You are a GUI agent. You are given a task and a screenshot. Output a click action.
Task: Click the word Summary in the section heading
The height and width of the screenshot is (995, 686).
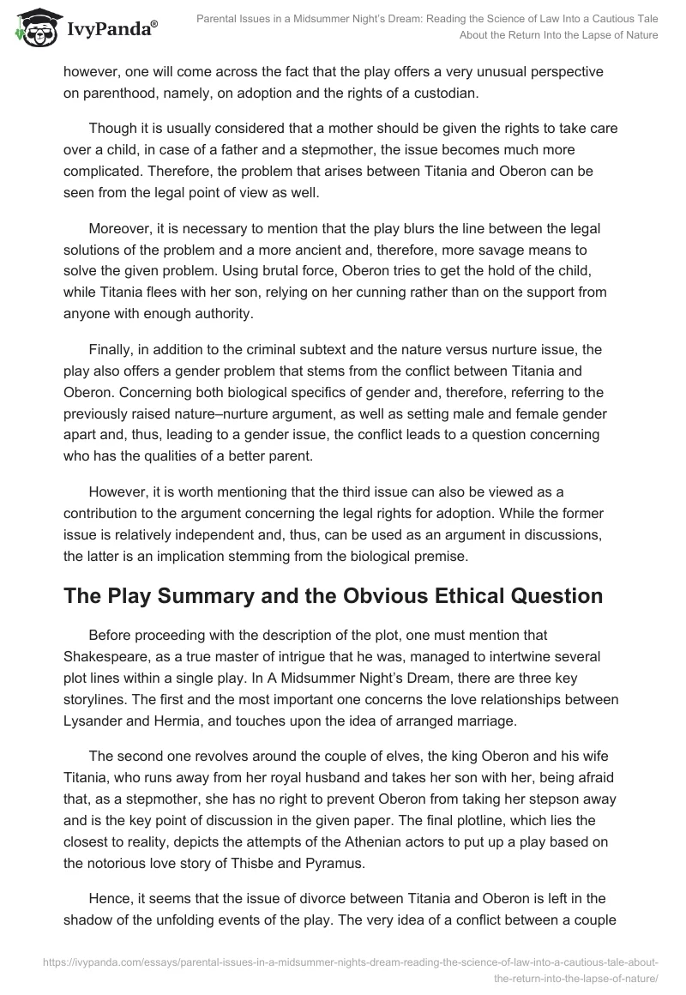(189, 595)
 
